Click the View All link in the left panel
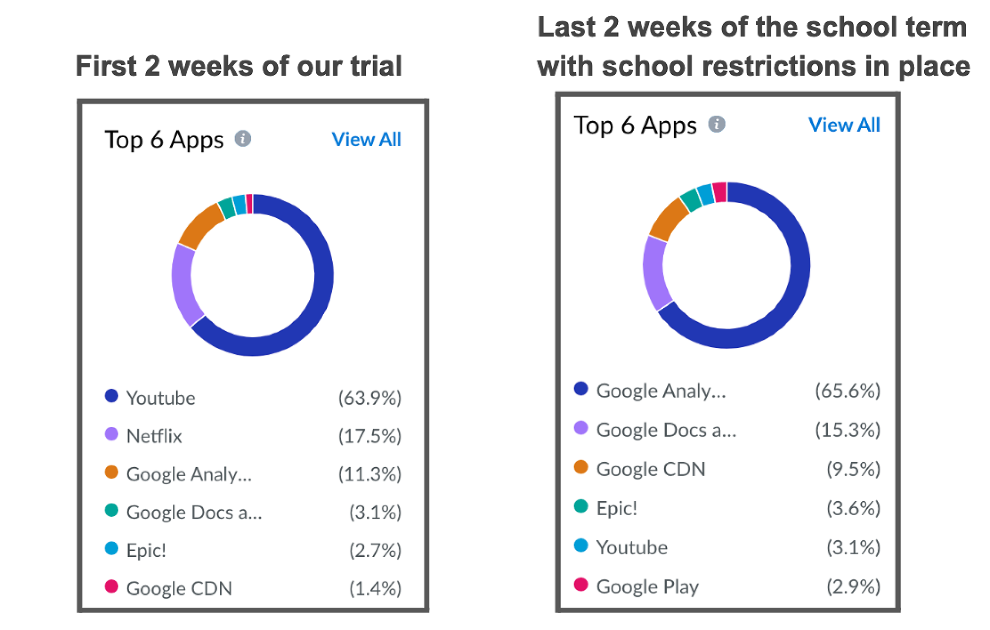point(366,140)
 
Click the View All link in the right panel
point(844,125)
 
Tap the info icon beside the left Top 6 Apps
point(243,139)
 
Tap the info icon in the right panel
point(716,124)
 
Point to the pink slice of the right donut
point(720,192)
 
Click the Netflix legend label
point(154,436)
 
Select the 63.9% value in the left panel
point(369,398)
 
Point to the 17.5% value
point(369,436)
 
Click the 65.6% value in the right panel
point(847,390)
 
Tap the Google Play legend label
point(647,586)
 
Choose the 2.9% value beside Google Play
point(853,586)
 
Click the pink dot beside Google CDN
point(111,586)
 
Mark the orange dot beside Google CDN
point(581,467)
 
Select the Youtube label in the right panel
point(632,547)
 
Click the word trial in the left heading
point(376,66)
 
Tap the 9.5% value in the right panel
point(853,469)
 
